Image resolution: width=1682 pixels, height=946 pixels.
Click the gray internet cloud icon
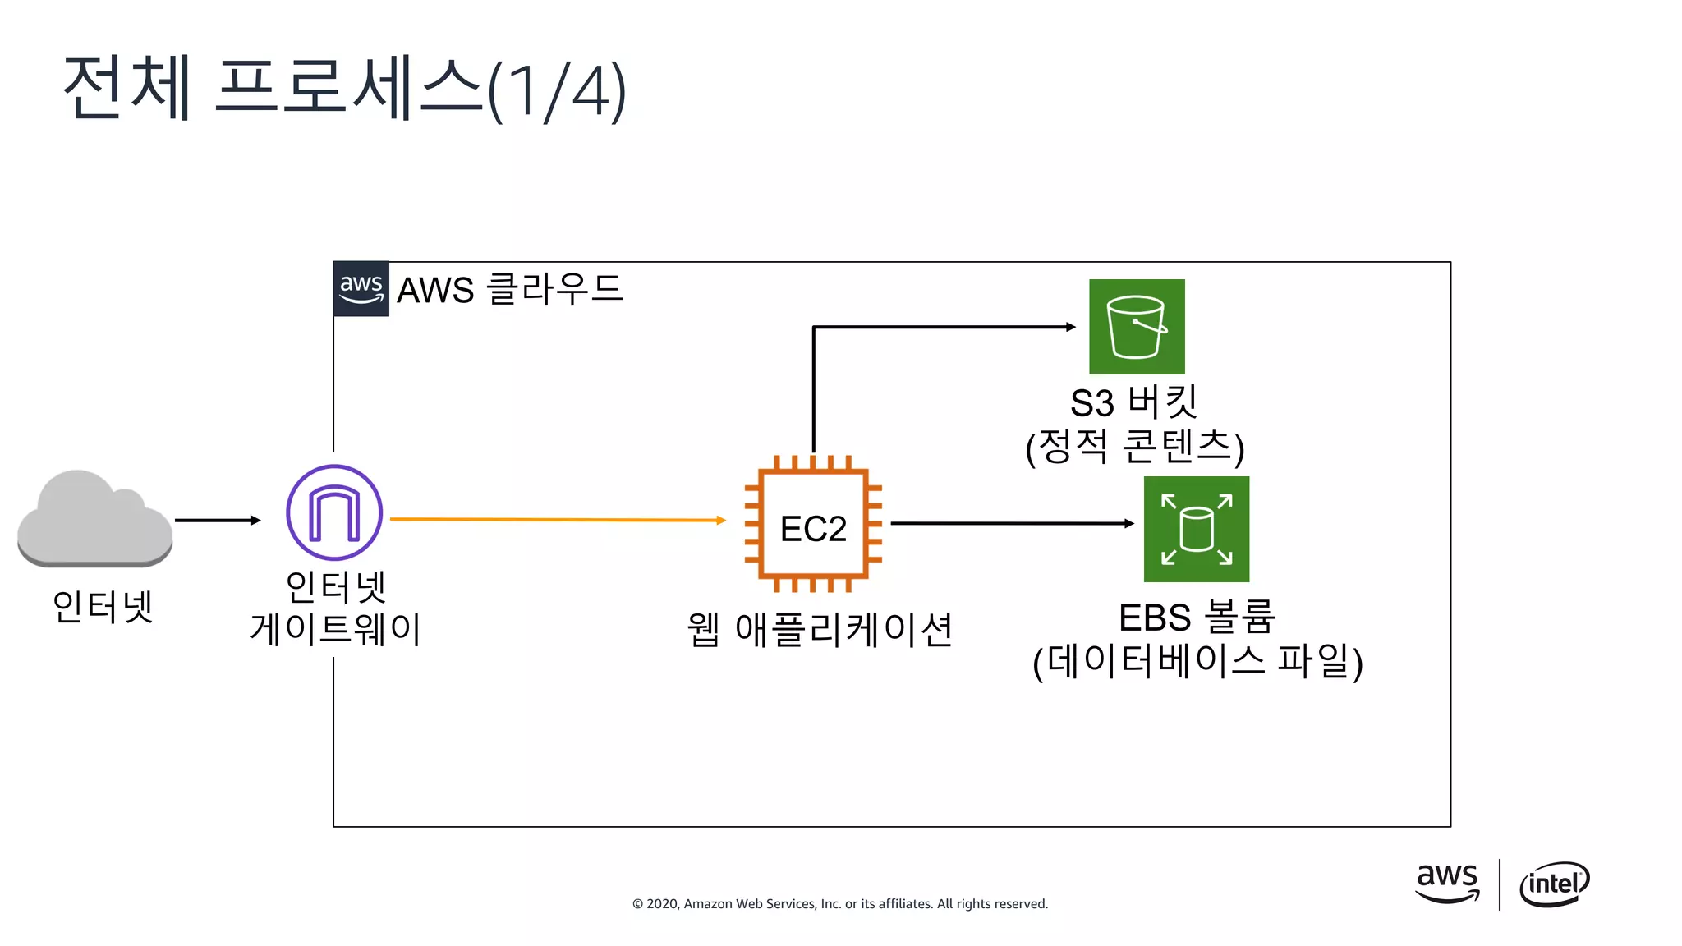pos(94,519)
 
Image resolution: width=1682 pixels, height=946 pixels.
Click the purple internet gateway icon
pos(334,512)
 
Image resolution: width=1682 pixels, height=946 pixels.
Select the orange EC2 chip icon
pos(813,524)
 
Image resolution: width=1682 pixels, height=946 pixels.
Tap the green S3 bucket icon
pos(1137,327)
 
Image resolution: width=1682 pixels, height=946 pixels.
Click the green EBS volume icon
pos(1197,529)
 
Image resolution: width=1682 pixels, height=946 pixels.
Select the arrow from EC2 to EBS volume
pos(1010,523)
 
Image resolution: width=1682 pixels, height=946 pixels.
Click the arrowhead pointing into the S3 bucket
pos(1070,327)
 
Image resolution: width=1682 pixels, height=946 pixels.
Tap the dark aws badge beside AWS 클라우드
pos(361,289)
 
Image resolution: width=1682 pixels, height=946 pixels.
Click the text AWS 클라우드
pos(510,289)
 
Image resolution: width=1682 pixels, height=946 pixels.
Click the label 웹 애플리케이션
pos(819,630)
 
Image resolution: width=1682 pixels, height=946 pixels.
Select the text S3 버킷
pos(1133,402)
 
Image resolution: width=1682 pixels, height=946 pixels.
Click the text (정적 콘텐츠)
pos(1135,448)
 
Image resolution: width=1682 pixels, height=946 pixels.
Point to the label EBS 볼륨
pos(1196,618)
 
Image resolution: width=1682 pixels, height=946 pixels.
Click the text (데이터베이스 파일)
pos(1197,662)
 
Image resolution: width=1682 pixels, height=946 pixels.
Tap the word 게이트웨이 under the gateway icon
pos(335,629)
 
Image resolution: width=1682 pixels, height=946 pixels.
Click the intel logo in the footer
pos(1554,884)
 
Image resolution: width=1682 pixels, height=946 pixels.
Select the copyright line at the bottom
pos(839,903)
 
